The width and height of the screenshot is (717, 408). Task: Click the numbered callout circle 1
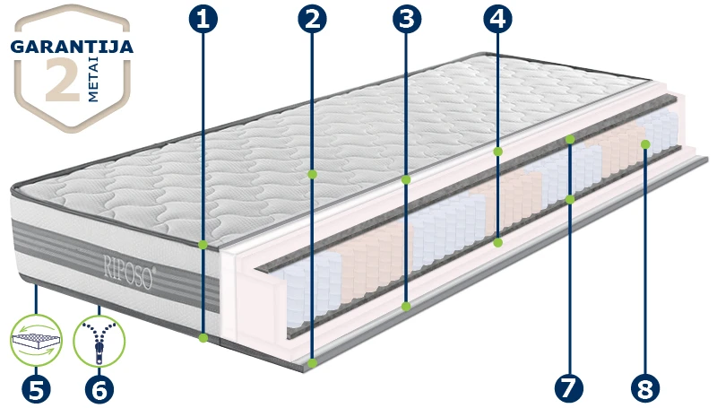[203, 19]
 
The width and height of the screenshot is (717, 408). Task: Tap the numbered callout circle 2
[312, 19]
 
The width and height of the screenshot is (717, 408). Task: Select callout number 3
[407, 19]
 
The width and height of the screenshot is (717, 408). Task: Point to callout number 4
[497, 19]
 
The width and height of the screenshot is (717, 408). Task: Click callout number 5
[36, 390]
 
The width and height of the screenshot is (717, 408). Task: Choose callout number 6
[99, 390]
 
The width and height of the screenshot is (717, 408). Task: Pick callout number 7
[569, 389]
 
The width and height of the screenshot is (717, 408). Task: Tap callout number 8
[645, 389]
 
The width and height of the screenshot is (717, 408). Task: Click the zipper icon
[99, 341]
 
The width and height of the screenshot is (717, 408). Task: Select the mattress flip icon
[36, 341]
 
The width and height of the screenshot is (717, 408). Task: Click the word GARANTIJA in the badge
[72, 47]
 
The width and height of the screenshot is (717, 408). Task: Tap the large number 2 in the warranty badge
[63, 79]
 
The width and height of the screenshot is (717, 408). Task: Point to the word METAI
[93, 82]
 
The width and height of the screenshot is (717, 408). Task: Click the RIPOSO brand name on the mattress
[130, 273]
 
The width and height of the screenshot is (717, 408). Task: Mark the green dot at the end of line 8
[645, 144]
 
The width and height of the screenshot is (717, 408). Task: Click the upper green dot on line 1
[203, 245]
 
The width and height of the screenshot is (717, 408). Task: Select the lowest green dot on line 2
[312, 363]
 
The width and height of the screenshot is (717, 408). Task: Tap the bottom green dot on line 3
[406, 307]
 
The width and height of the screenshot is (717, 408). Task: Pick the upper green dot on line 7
[570, 139]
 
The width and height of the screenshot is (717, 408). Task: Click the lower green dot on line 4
[498, 242]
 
